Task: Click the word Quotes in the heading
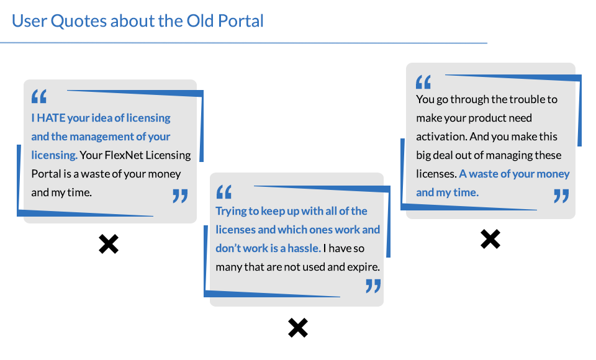[79, 21]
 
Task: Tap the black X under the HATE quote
[109, 244]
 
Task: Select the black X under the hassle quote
[298, 328]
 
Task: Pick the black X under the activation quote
[490, 239]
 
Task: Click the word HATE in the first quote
[52, 118]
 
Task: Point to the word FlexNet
[124, 155]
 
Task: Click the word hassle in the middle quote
[304, 248]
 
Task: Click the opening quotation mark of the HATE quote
[39, 96]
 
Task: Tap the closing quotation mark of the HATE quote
[180, 196]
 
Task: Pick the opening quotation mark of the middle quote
[224, 192]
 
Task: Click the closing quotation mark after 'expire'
[373, 286]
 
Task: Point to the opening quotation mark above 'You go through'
[423, 82]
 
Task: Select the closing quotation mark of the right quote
[561, 196]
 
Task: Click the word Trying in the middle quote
[231, 212]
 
